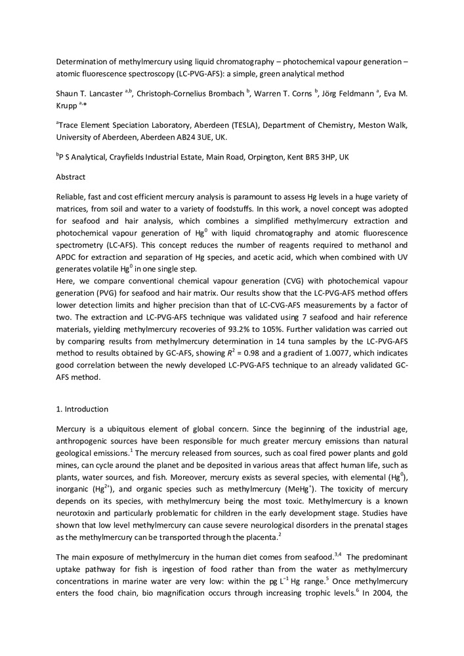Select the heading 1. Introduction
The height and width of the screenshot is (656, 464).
tap(82, 409)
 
